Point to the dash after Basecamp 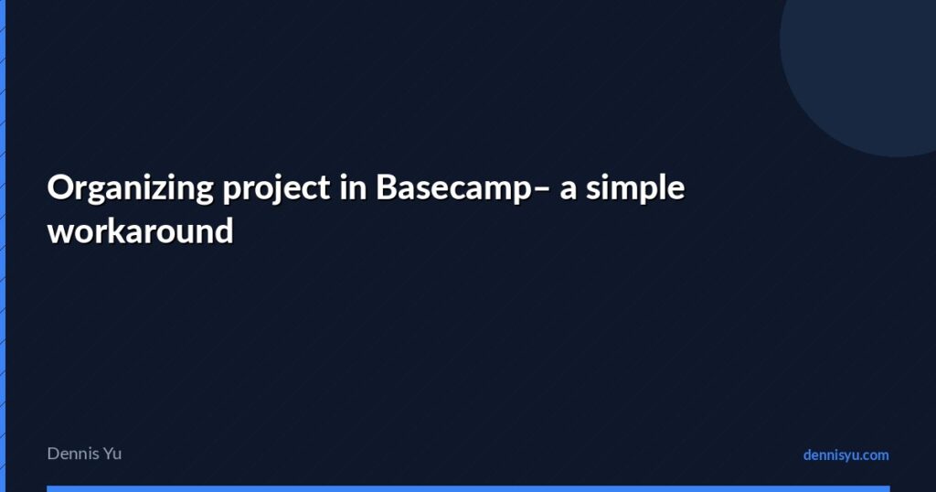[x=543, y=189]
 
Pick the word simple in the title [x=635, y=188]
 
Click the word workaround [x=140, y=230]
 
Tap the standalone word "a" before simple [x=569, y=190]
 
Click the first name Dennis [x=72, y=454]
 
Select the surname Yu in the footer [x=112, y=454]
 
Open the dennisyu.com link [x=846, y=455]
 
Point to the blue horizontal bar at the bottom [x=468, y=488]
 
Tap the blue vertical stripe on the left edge [x=3, y=246]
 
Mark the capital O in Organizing [x=59, y=188]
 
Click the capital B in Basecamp [x=386, y=188]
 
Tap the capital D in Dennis [x=53, y=454]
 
